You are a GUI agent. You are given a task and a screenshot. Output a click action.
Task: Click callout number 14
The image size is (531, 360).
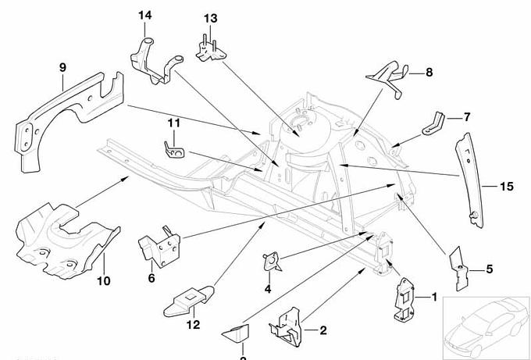click(147, 16)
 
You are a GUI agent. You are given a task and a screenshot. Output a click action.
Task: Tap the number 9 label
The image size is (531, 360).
click(63, 68)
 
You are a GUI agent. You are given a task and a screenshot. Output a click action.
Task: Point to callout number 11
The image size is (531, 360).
click(173, 123)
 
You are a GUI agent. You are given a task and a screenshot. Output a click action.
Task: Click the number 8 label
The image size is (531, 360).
click(428, 73)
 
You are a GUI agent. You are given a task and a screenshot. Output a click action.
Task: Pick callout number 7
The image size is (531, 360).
click(467, 117)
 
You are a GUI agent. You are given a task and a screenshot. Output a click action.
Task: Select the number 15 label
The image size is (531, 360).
click(486, 186)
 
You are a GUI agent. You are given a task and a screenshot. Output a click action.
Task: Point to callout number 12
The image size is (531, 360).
click(193, 324)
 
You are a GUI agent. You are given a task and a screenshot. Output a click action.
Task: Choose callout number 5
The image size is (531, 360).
click(489, 269)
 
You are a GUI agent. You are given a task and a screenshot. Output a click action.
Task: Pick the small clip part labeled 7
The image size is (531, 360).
click(434, 123)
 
